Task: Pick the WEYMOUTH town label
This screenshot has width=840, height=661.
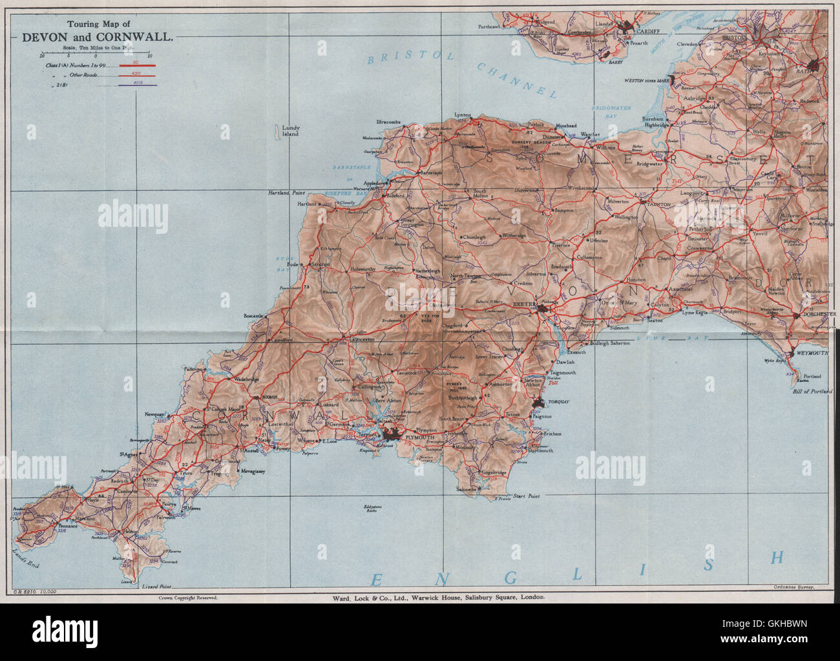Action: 808,353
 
